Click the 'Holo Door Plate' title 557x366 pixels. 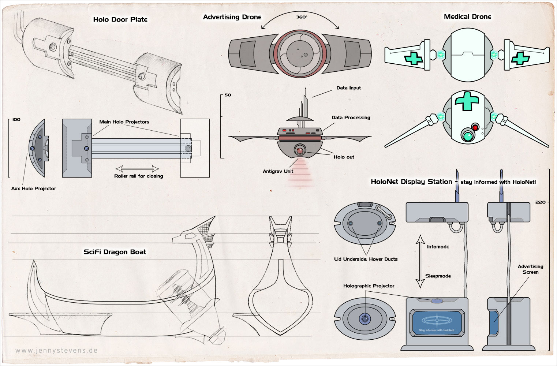coord(120,19)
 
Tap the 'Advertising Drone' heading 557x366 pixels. coord(232,17)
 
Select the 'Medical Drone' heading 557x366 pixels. coord(467,17)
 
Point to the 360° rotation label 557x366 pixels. coord(302,17)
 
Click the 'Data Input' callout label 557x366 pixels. coord(348,88)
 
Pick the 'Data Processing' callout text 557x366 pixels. coord(351,117)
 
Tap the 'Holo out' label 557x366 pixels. coord(344,157)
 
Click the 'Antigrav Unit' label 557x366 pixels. coord(278,171)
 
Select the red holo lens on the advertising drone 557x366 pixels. coord(300,151)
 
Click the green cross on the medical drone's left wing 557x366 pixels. coord(413,59)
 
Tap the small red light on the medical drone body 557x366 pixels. coord(475,128)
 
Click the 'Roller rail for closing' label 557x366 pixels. coord(138,176)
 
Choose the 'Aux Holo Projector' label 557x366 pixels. coord(34,188)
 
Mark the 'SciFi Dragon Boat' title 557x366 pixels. coord(115,252)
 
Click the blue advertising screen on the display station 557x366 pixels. coord(437,322)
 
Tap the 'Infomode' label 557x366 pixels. coord(438,247)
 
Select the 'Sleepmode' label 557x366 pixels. coord(438,276)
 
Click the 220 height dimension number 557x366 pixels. coord(540,202)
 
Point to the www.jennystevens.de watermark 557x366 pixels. coord(56,350)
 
